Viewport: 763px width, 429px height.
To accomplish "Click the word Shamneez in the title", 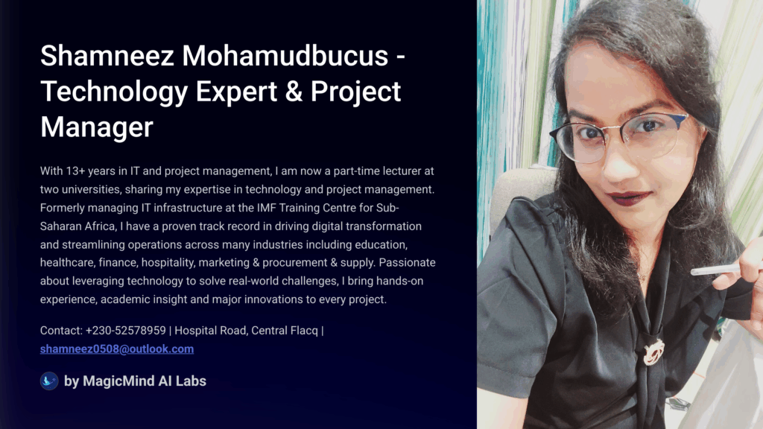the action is [x=107, y=55].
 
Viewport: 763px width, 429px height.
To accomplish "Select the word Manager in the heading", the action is [x=97, y=127].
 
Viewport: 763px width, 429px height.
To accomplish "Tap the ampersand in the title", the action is [x=294, y=92].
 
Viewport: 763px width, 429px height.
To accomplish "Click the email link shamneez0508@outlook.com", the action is [x=117, y=349].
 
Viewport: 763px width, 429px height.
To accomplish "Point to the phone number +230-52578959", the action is [x=125, y=331].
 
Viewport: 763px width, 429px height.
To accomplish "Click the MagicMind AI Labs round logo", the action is [x=49, y=381].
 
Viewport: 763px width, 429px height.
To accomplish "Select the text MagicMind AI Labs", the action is [x=145, y=381].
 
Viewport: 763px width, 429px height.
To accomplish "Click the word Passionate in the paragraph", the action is [x=408, y=263].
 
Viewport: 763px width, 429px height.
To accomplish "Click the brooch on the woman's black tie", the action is [x=653, y=352].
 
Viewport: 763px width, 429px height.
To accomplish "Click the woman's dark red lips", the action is [x=627, y=198].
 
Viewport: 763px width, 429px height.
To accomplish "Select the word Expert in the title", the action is [x=236, y=92].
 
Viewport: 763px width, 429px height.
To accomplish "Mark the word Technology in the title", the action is [x=114, y=92].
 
